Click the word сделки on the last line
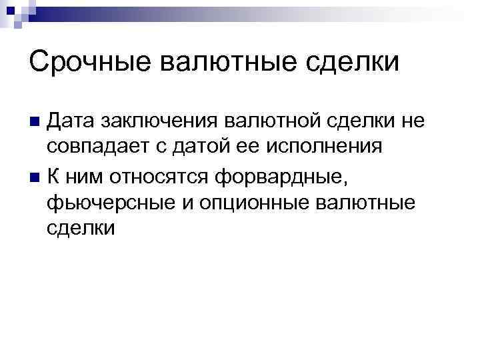coord(81,228)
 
